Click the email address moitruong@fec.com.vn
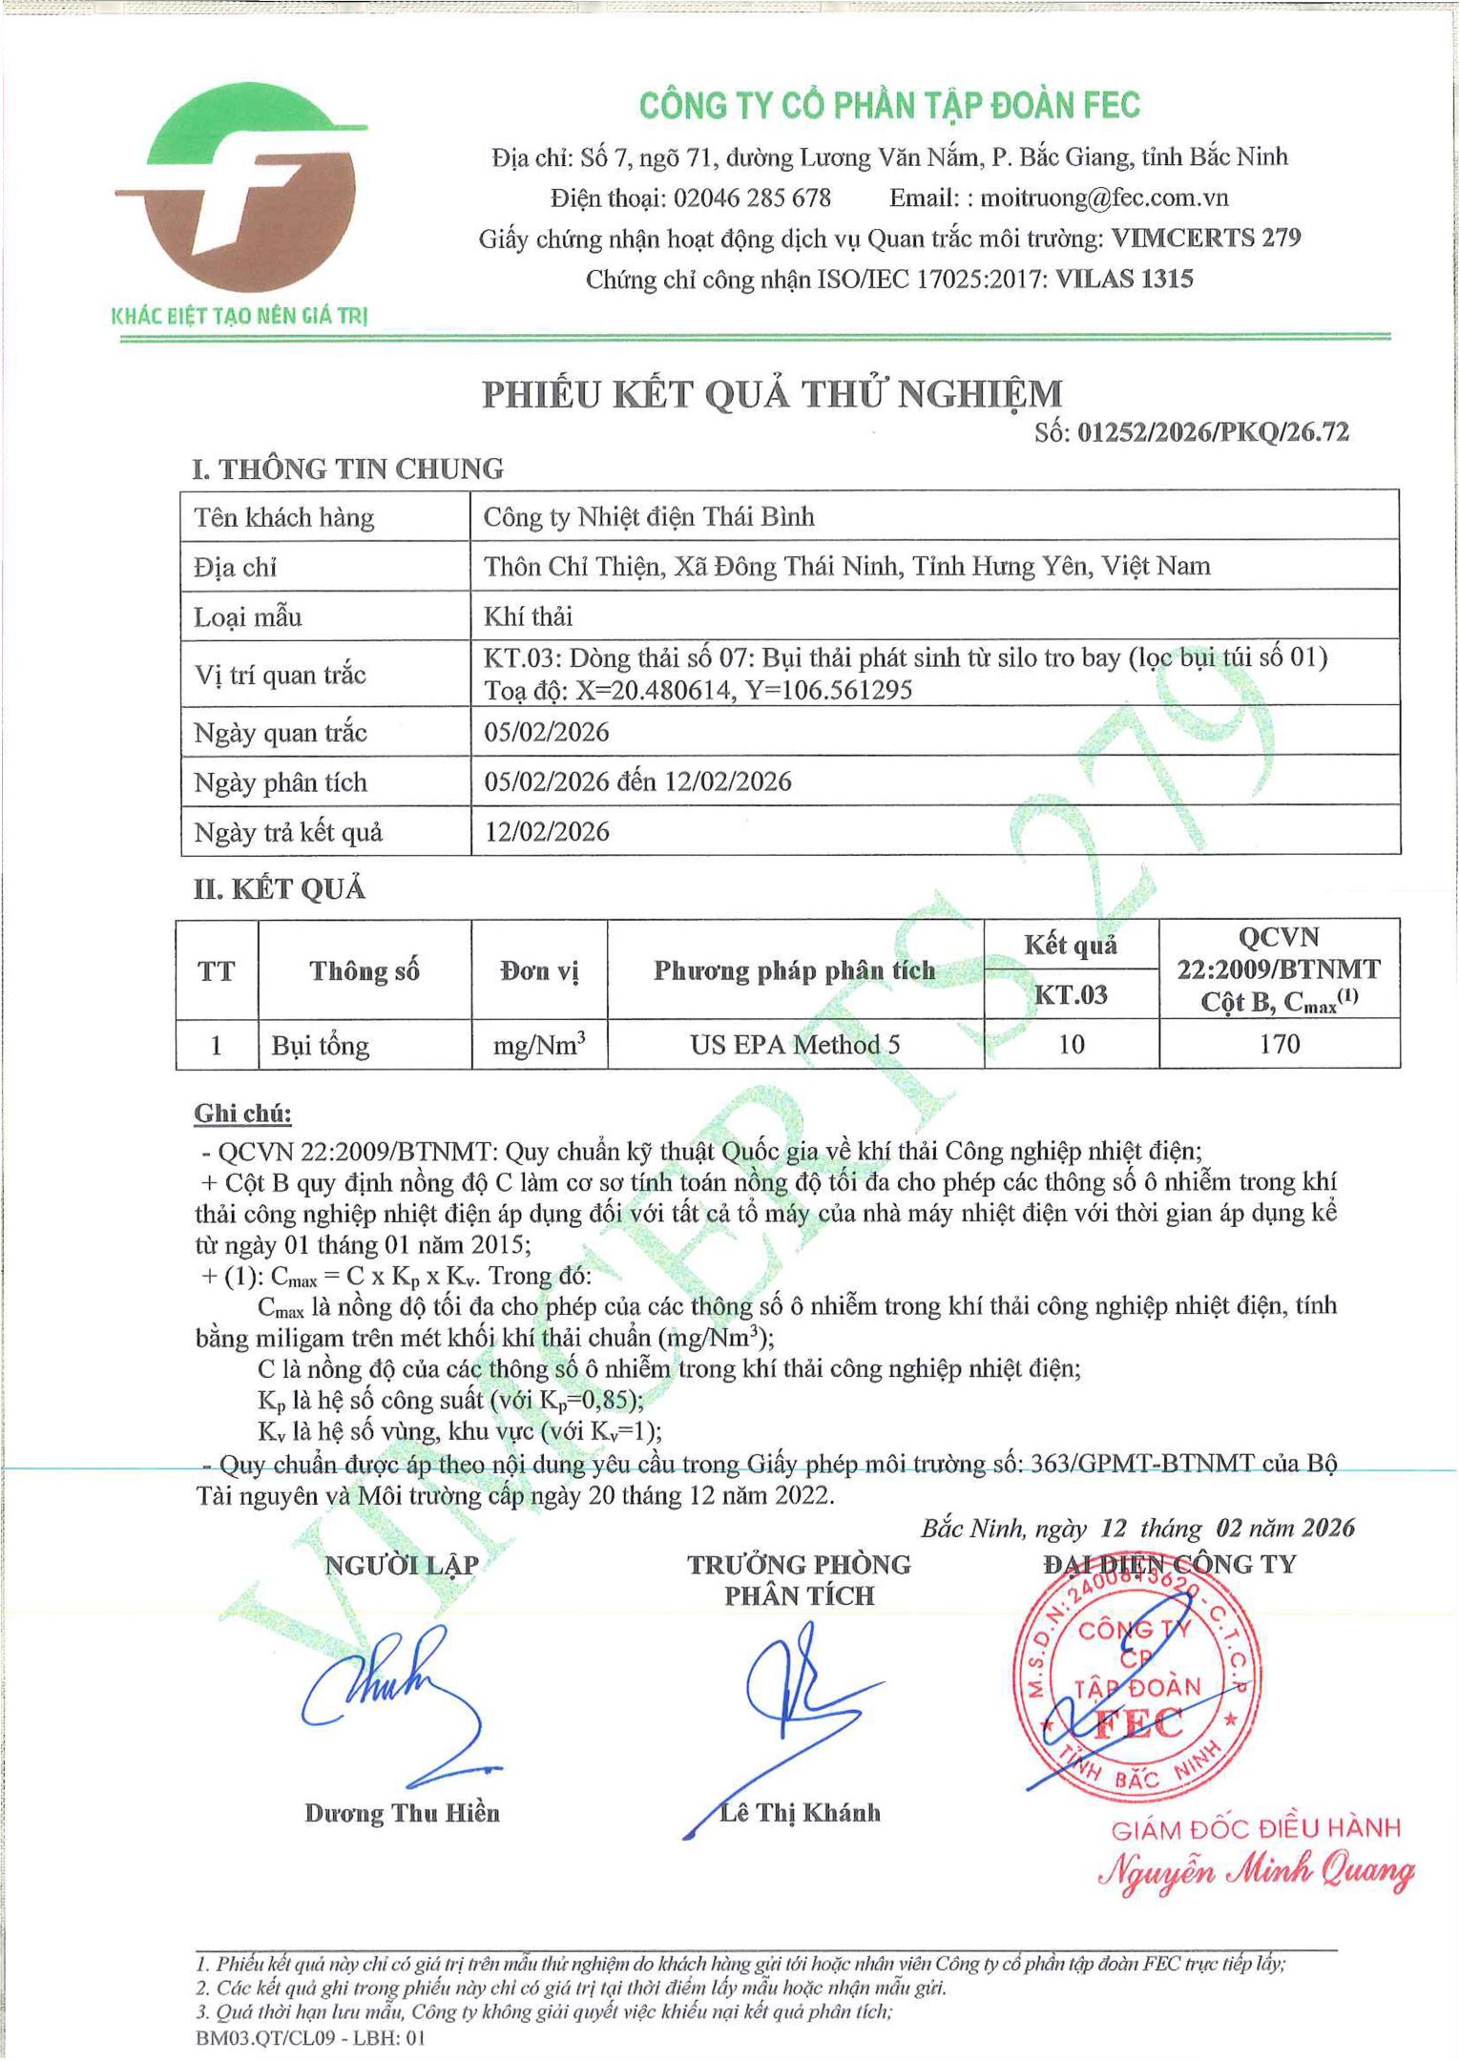(x=1104, y=198)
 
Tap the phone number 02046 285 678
(x=752, y=198)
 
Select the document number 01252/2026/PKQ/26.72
(x=1213, y=432)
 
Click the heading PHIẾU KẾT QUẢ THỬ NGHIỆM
(x=772, y=394)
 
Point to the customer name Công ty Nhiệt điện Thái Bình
(x=649, y=517)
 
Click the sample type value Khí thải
(x=528, y=616)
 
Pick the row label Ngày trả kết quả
(x=288, y=832)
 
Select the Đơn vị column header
(x=539, y=970)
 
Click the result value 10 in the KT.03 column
(x=1071, y=1045)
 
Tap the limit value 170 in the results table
(x=1279, y=1044)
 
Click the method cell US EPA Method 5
(x=795, y=1045)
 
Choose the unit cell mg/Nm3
(x=539, y=1046)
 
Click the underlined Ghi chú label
(x=242, y=1114)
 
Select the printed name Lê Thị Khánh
(x=800, y=1813)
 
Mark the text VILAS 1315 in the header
(x=1124, y=280)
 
